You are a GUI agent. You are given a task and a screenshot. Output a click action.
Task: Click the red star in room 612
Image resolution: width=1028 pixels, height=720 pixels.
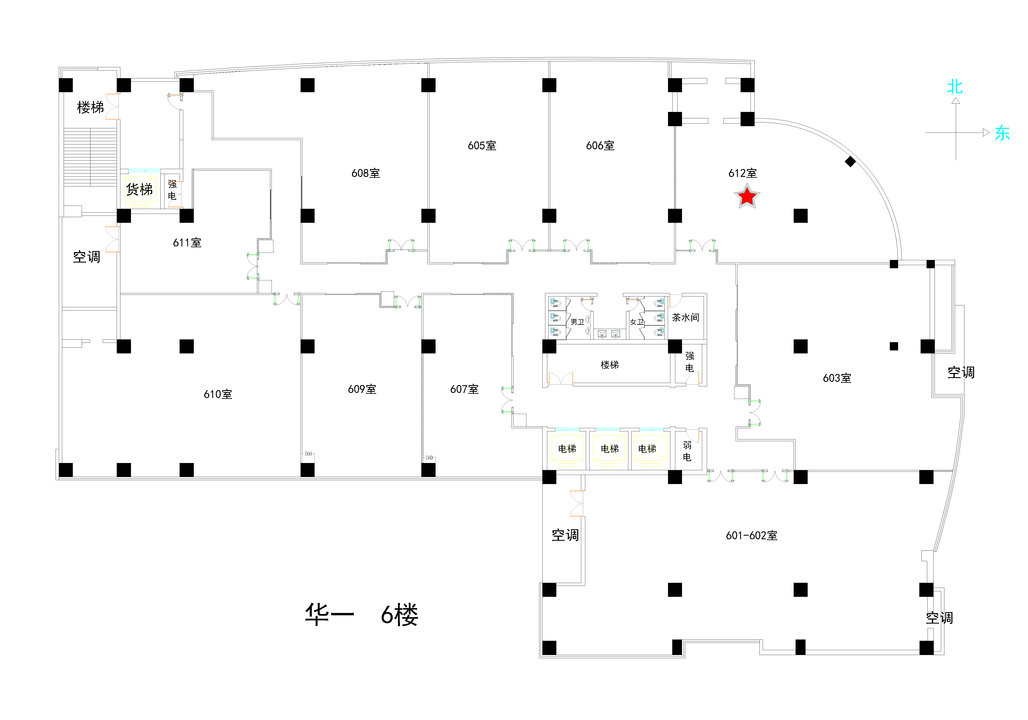click(x=747, y=197)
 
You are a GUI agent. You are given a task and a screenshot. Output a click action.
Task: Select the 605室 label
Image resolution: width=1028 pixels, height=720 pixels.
click(x=482, y=146)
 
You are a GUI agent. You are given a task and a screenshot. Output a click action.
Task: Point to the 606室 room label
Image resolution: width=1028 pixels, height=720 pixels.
click(x=600, y=146)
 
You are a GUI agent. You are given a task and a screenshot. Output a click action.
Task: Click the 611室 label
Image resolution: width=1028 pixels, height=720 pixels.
click(x=187, y=243)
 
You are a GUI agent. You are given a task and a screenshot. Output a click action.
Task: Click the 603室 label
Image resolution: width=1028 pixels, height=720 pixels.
click(x=837, y=378)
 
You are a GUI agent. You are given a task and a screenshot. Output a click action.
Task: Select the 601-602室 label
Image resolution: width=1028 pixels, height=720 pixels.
click(x=751, y=535)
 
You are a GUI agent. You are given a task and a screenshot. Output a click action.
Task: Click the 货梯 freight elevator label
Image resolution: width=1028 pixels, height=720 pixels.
click(x=139, y=189)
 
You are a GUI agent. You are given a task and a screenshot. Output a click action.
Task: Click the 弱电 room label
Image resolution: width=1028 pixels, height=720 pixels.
click(x=687, y=451)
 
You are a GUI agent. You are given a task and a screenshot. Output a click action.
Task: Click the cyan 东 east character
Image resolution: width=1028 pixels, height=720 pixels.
click(x=1003, y=133)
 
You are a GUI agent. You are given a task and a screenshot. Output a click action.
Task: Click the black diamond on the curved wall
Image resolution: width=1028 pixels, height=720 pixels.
click(x=850, y=162)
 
